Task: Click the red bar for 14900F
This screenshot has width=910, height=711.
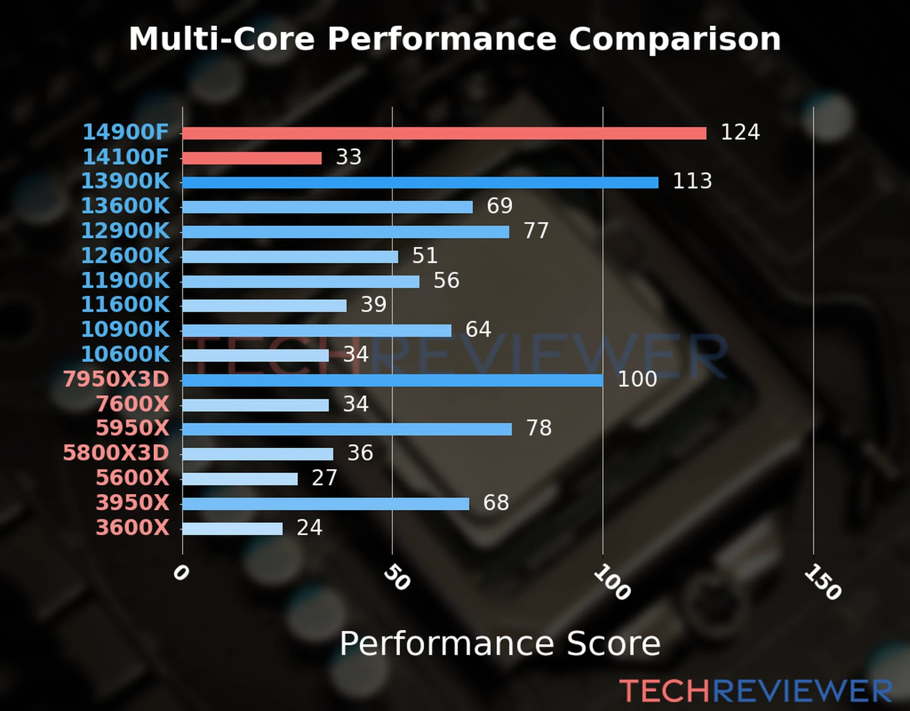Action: pyautogui.click(x=444, y=133)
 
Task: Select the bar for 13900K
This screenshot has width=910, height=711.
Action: pyautogui.click(x=421, y=182)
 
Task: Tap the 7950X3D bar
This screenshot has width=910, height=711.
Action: pyautogui.click(x=392, y=380)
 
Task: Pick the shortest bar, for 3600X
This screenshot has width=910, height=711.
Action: pyautogui.click(x=232, y=529)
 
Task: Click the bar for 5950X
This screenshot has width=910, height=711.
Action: pyautogui.click(x=347, y=429)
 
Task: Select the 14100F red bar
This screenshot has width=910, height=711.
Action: pyautogui.click(x=252, y=158)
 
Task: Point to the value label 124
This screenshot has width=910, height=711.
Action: pyautogui.click(x=740, y=132)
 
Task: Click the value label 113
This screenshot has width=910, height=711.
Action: pyautogui.click(x=692, y=181)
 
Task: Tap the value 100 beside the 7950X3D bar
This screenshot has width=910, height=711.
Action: pyautogui.click(x=637, y=379)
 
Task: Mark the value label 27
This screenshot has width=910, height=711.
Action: pyautogui.click(x=324, y=478)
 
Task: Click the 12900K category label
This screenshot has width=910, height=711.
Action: pyautogui.click(x=125, y=231)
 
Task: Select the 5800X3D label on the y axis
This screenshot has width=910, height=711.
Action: pyautogui.click(x=116, y=453)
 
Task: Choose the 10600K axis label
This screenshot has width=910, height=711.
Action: pyautogui.click(x=125, y=354)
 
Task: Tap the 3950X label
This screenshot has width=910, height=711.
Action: pyautogui.click(x=132, y=503)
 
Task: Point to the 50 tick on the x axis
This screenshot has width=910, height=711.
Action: pyautogui.click(x=396, y=578)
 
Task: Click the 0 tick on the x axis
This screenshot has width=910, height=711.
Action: pyautogui.click(x=181, y=573)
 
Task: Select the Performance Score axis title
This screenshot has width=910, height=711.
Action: pyautogui.click(x=499, y=643)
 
